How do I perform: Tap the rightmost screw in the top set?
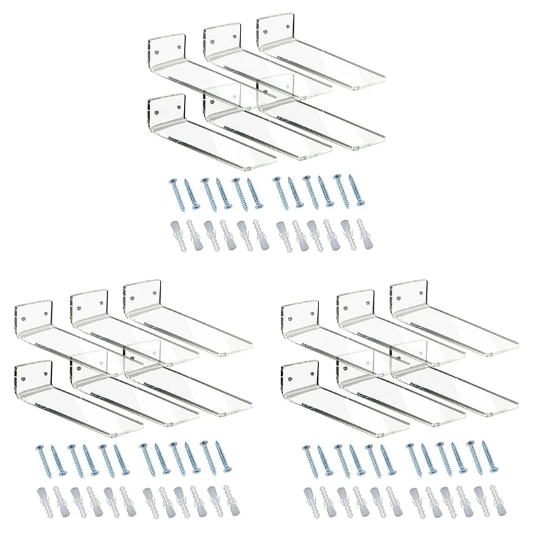tap(360, 191)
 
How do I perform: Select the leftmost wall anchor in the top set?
tap(175, 233)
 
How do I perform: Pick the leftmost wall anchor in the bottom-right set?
tap(308, 500)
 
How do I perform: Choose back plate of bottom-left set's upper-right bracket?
tap(142, 294)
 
